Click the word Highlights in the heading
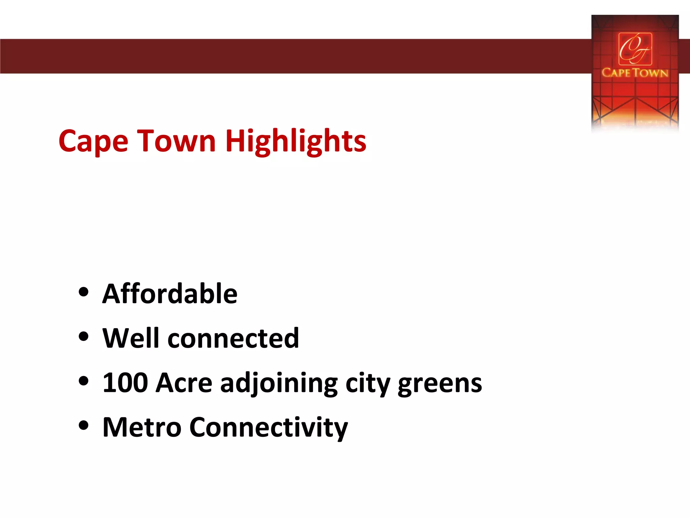295,142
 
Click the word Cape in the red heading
93,142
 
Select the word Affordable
170,294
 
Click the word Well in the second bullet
130,338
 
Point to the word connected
233,339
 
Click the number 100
125,383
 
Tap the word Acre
184,383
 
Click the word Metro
142,427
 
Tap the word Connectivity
269,428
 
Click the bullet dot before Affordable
83,292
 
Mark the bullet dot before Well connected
83,336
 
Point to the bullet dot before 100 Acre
83,381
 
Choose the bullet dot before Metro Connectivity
83,426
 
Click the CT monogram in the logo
635,49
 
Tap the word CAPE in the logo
616,73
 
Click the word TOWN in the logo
650,73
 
